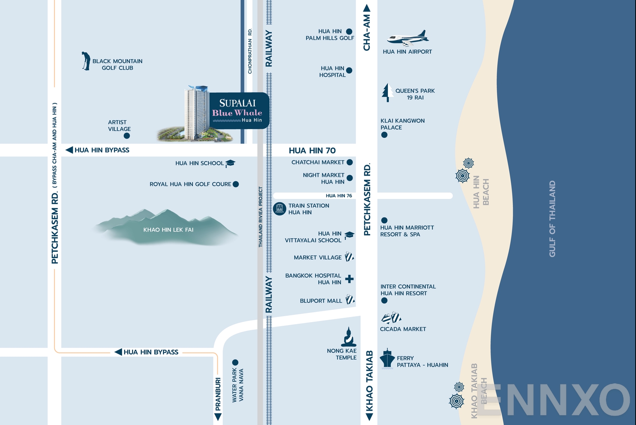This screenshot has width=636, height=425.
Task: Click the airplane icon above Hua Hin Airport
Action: (x=408, y=38)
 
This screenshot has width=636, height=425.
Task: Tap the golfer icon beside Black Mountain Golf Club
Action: (x=85, y=61)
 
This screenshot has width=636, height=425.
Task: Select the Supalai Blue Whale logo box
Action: (x=239, y=110)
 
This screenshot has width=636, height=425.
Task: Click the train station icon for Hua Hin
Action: (x=279, y=209)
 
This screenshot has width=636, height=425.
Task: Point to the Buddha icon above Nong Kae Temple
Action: (x=349, y=337)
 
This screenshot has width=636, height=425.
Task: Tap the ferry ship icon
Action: (x=387, y=358)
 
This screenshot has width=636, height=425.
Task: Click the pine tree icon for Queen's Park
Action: (x=387, y=93)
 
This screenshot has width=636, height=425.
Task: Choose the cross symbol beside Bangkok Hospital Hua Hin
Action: (x=349, y=279)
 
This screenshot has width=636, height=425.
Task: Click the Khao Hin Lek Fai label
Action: (x=169, y=230)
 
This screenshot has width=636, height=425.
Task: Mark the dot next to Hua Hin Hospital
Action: (x=349, y=71)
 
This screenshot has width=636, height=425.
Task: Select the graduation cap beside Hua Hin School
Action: (x=230, y=163)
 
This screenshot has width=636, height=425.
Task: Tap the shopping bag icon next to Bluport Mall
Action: (x=350, y=299)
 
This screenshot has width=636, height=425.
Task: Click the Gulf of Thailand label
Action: (x=552, y=219)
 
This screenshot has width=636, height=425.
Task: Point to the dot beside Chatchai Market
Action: (x=350, y=162)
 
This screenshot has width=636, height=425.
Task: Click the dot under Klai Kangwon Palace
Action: (x=384, y=135)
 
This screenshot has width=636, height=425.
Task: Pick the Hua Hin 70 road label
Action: (x=312, y=151)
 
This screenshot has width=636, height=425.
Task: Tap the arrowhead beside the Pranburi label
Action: (x=218, y=417)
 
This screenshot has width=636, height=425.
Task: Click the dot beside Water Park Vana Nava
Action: (x=235, y=362)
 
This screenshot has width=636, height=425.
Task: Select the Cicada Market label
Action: (x=403, y=329)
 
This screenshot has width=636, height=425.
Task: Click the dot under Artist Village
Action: (x=127, y=136)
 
